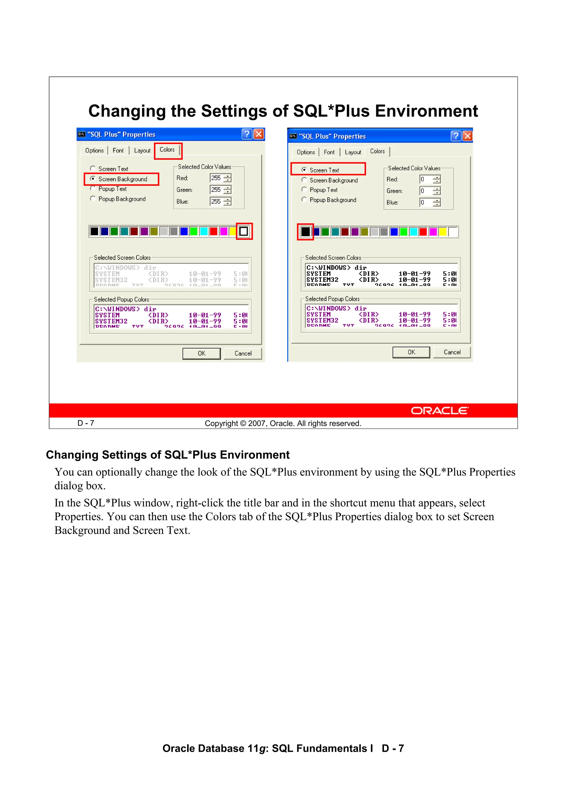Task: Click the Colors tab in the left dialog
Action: [167, 150]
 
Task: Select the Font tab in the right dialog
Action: [329, 152]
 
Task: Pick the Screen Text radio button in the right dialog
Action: [304, 170]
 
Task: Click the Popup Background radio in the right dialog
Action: [304, 199]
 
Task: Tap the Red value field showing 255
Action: [216, 178]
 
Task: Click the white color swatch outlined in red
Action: [244, 231]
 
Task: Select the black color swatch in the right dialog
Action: [305, 231]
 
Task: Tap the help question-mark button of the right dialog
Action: [455, 136]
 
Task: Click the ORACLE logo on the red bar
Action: [439, 411]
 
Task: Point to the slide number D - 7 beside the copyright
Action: [86, 423]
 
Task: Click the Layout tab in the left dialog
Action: [142, 151]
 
